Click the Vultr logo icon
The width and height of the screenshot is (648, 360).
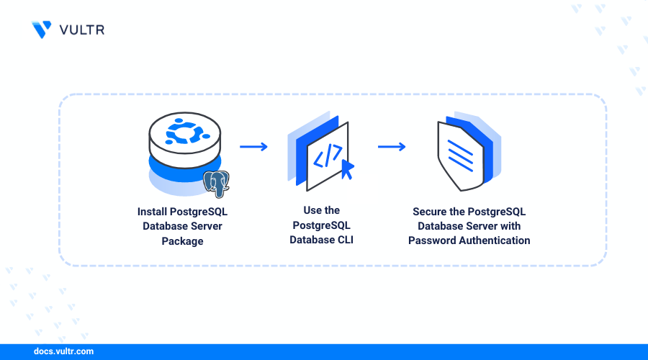click(42, 29)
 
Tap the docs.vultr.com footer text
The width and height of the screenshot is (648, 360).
click(63, 352)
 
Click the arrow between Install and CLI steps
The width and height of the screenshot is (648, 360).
click(253, 147)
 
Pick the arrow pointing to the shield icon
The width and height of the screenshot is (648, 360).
click(392, 147)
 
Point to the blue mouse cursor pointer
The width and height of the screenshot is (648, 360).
click(347, 169)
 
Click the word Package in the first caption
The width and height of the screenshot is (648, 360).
click(183, 241)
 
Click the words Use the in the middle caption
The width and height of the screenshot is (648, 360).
click(322, 210)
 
